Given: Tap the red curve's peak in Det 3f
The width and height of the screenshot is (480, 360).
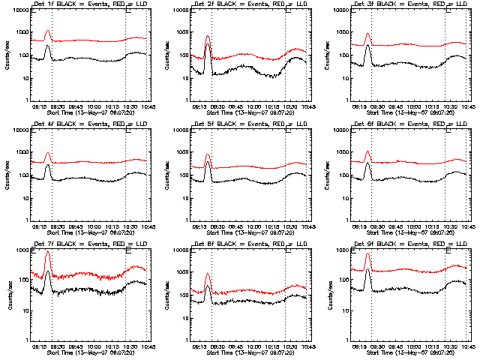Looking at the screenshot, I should [x=367, y=34].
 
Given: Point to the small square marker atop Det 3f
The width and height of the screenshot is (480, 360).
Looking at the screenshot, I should [x=448, y=10].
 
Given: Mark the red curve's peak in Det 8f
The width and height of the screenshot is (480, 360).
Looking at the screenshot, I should [x=208, y=274].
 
